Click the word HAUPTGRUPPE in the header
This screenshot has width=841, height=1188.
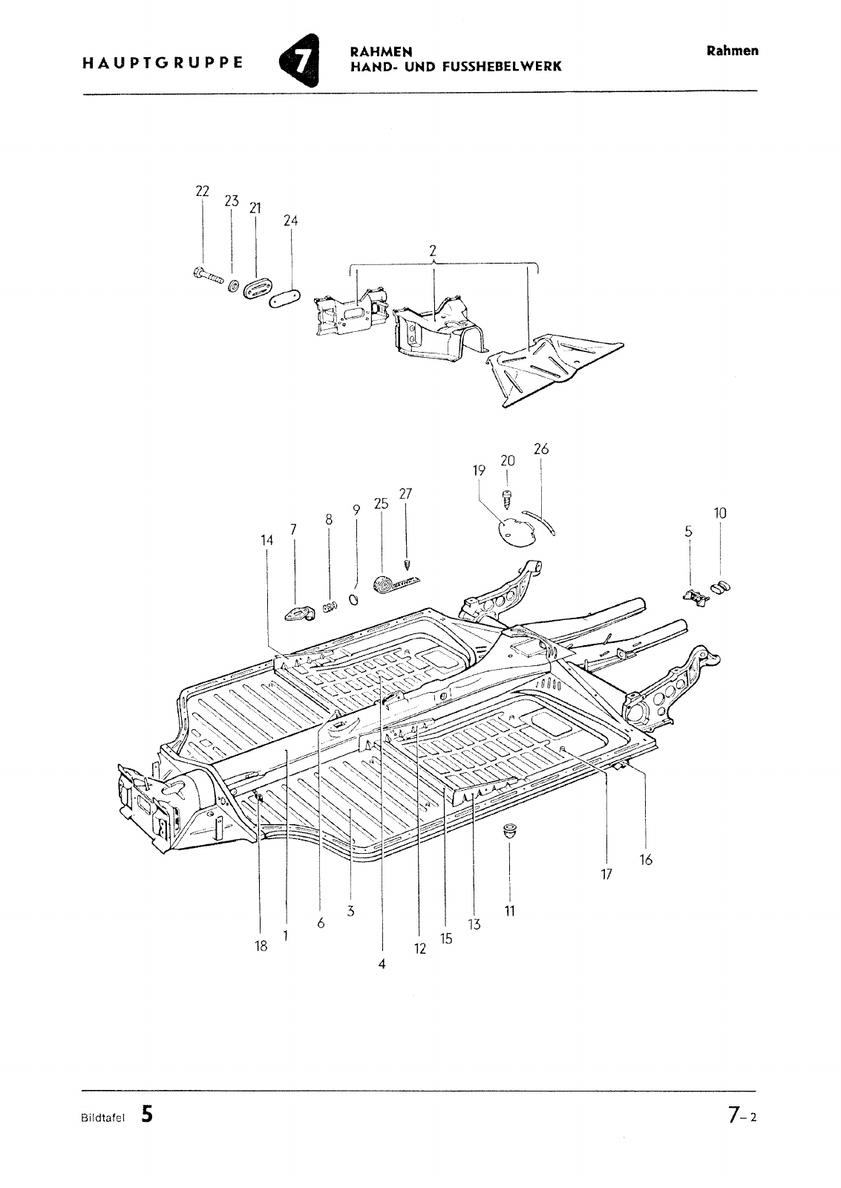[x=163, y=63]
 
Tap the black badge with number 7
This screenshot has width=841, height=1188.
[x=300, y=60]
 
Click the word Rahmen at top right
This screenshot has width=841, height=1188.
[x=732, y=51]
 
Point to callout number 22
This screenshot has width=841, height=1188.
[x=202, y=191]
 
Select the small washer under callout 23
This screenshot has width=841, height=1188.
[x=233, y=285]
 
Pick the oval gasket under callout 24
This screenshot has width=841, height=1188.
[x=285, y=298]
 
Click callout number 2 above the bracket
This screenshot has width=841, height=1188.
[x=433, y=250]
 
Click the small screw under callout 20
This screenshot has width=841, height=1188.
[x=506, y=499]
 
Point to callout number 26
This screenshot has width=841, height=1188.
[x=541, y=448]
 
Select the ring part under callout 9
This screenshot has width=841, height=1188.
[x=353, y=599]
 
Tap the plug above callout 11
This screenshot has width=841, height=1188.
[x=510, y=831]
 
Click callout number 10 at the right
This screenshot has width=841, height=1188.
[x=719, y=513]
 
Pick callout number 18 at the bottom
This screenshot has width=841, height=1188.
[x=261, y=946]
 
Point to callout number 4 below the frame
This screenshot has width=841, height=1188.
[x=382, y=965]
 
